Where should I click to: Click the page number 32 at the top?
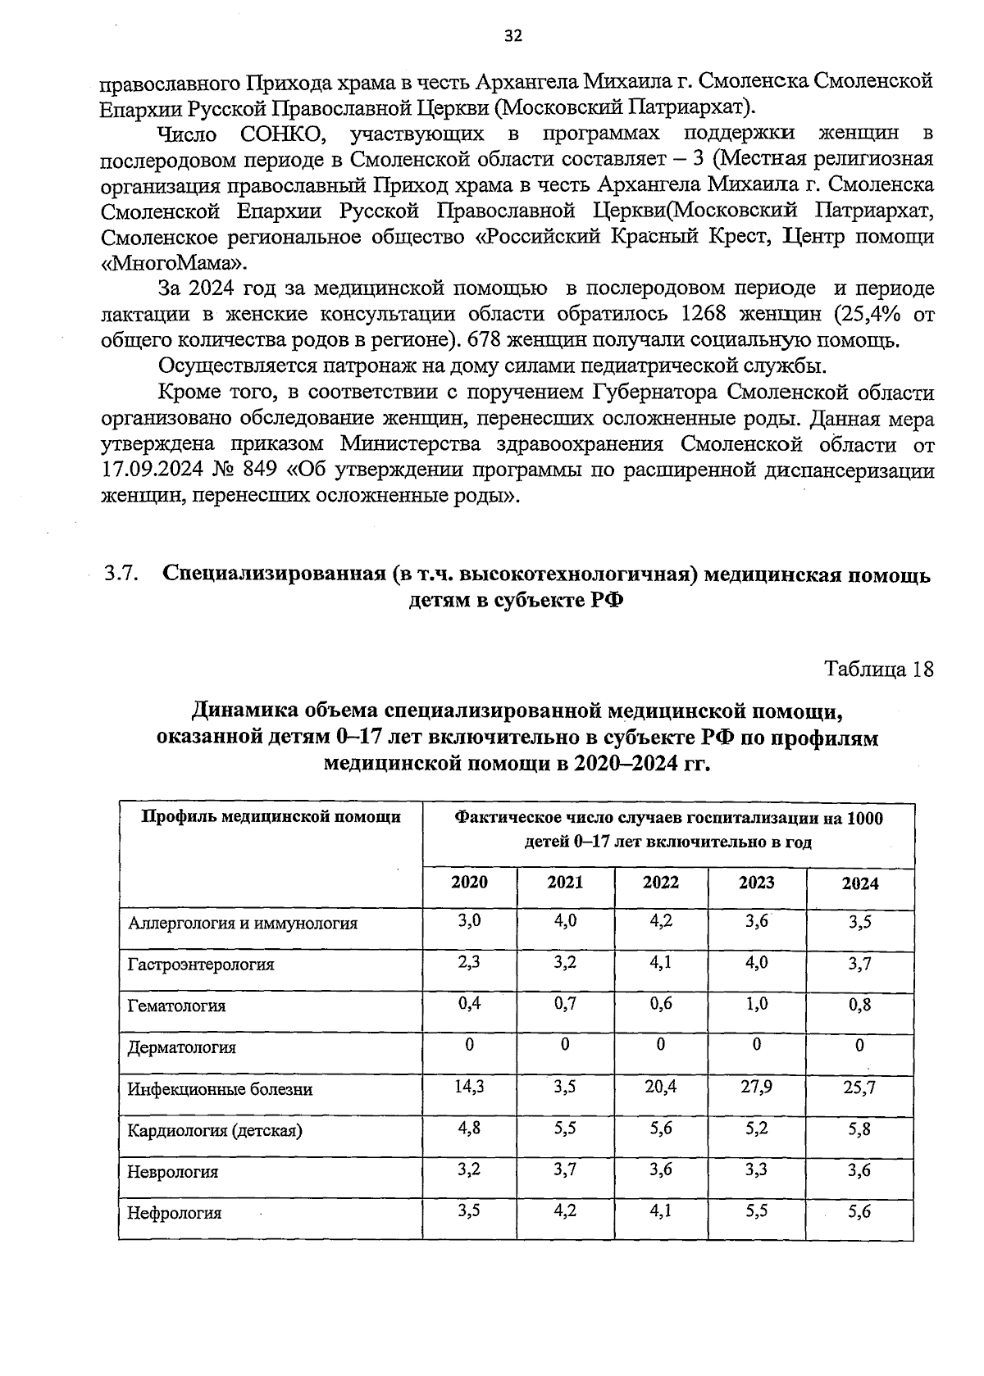pos(512,34)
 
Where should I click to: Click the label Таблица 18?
pos(879,669)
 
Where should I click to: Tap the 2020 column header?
pos(469,882)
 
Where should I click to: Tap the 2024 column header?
pos(860,883)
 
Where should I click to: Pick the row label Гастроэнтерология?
pos(200,964)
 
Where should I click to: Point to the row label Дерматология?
pos(181,1047)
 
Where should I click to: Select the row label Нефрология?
pos(174,1213)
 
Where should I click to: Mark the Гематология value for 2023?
pos(756,1003)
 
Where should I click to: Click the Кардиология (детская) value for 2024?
pos(860,1129)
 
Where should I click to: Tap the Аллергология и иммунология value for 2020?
pos(469,920)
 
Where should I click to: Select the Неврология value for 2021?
pos(565,1169)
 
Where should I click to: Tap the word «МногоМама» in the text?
pos(172,262)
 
